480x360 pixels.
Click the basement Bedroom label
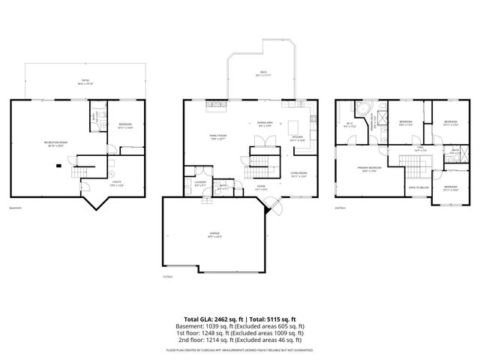[125, 125]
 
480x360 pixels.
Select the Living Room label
[298, 175]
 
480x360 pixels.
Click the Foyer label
[260, 189]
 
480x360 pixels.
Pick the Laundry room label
[200, 184]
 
